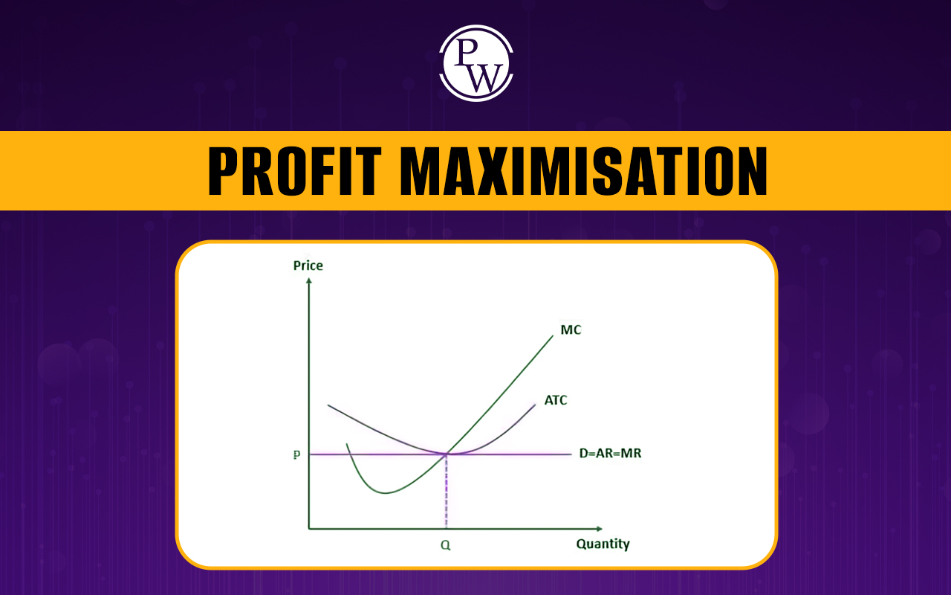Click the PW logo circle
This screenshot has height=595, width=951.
coord(476,63)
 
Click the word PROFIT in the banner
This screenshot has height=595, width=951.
coord(294,171)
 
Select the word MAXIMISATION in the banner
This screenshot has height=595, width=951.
coord(583,171)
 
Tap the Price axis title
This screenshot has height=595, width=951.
coord(308,266)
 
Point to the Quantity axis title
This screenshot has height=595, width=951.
coord(603,544)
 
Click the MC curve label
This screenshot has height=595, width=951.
coord(571,329)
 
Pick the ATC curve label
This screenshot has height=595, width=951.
coord(555,400)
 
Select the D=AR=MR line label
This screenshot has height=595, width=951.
coord(610,454)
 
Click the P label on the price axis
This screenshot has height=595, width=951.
coord(296,454)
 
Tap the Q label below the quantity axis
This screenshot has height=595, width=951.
coord(445,545)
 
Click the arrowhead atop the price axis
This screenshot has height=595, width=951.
coord(308,280)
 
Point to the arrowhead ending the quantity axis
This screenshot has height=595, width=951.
coord(600,529)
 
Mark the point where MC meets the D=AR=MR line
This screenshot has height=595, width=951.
coord(447,454)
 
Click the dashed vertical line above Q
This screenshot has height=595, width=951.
coord(447,492)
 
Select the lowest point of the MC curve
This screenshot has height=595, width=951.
coord(385,493)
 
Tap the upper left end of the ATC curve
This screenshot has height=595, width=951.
coord(328,405)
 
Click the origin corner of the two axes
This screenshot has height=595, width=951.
coord(309,529)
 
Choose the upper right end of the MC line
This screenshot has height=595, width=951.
coord(553,335)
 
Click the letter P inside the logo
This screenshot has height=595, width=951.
coord(466,52)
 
